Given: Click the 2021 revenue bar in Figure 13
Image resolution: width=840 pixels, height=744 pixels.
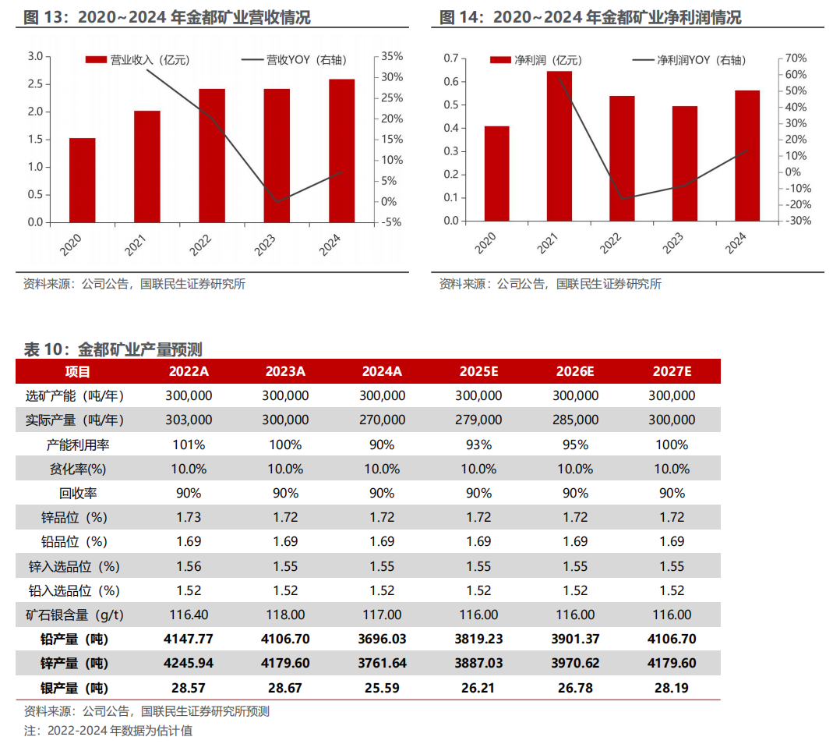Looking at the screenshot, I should [146, 166].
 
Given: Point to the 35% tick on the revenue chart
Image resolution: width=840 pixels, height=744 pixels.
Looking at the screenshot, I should [393, 56].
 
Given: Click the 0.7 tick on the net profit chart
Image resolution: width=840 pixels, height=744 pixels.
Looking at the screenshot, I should [450, 58].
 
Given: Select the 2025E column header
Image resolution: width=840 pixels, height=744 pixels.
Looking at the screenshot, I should [478, 371].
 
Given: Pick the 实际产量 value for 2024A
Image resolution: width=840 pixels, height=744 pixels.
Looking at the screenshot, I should [382, 420].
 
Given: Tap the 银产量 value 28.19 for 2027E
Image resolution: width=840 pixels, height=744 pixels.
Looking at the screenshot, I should [671, 688].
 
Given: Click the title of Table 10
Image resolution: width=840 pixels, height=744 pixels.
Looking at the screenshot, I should [113, 349].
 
